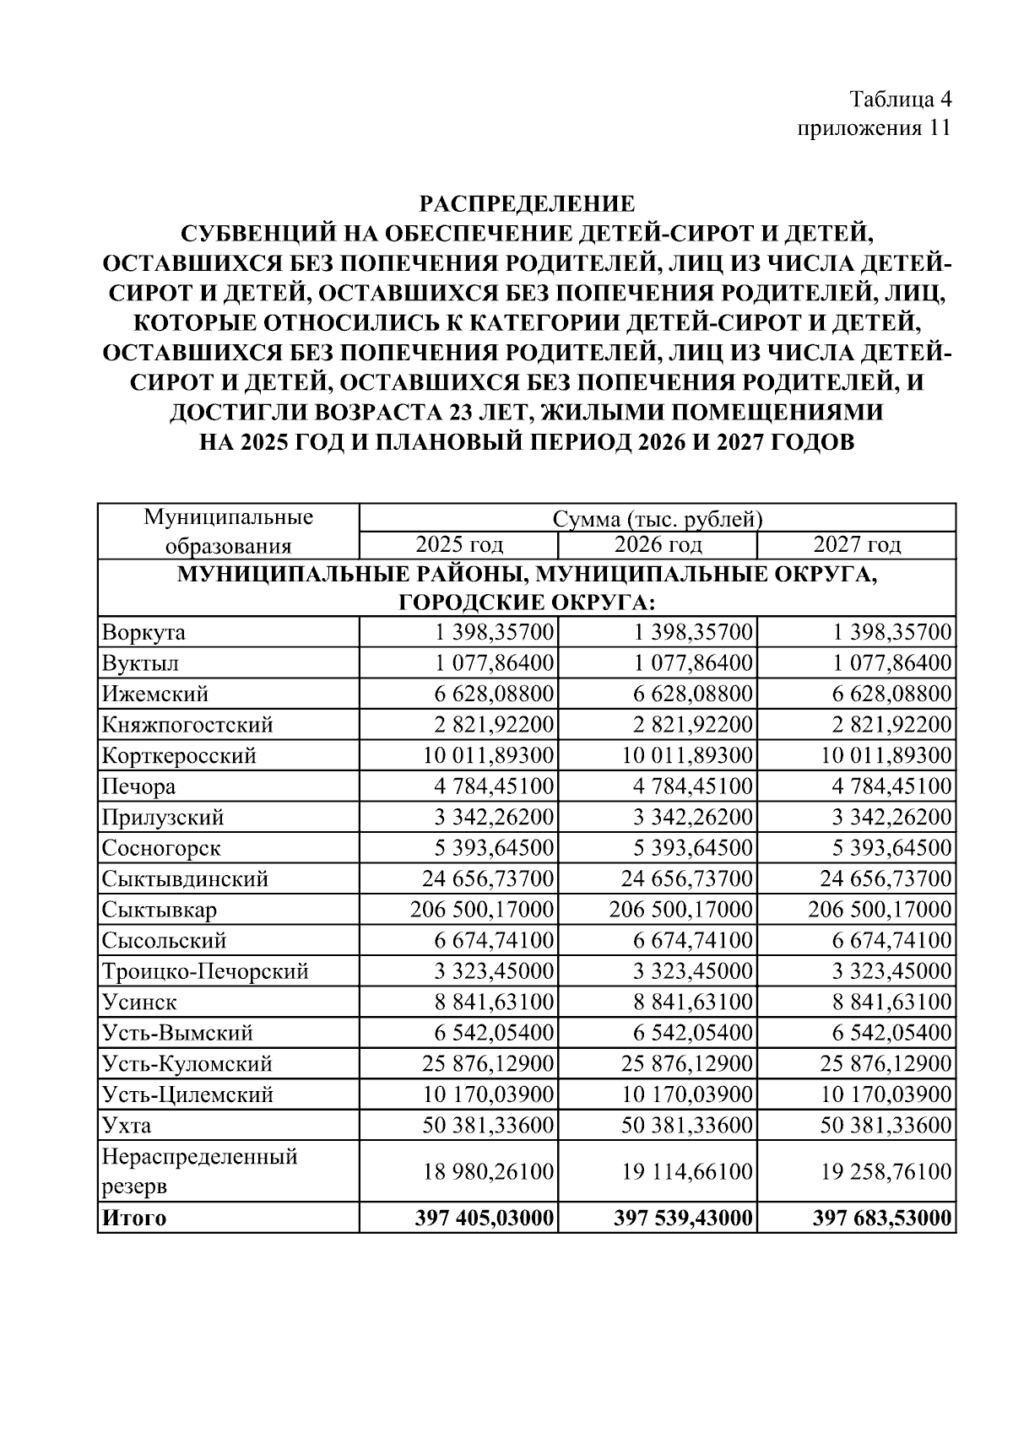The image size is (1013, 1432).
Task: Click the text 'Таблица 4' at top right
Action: point(901,100)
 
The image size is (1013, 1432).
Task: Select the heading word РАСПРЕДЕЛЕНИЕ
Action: point(528,204)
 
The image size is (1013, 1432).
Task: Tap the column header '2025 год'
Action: point(459,544)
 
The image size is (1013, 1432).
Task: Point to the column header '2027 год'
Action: point(857,544)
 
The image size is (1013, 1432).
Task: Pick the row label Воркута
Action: point(144,632)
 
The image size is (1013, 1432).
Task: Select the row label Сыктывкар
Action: point(160,910)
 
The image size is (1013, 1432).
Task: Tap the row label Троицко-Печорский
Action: point(205,971)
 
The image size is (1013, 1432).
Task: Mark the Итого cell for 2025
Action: point(484,1218)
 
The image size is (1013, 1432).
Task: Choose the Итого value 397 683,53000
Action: point(882,1218)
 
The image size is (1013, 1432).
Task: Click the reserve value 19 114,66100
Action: point(687,1171)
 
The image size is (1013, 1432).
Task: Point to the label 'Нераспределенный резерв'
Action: point(199,1170)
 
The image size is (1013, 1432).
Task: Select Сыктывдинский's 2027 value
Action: point(886,879)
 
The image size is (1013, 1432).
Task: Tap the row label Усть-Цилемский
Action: point(187,1094)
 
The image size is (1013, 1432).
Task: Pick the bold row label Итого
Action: point(134,1218)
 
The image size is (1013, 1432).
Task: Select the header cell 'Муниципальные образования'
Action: point(228,531)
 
